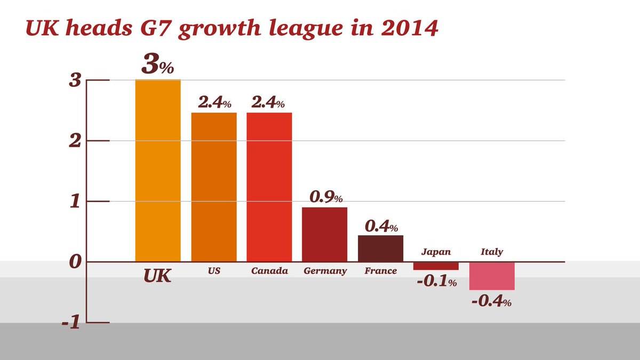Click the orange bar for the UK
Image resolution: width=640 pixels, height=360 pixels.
(x=158, y=171)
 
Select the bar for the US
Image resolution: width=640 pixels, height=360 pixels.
(x=214, y=187)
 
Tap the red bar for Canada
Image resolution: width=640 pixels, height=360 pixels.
(x=269, y=187)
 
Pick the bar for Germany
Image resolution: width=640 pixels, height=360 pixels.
(x=324, y=235)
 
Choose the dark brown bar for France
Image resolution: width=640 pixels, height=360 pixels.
(x=380, y=249)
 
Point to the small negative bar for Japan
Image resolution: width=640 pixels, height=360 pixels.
(x=436, y=266)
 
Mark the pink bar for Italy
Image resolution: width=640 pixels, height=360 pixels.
(x=491, y=276)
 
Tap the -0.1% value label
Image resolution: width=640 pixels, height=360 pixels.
(x=436, y=282)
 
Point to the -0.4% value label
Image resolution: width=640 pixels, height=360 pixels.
(x=491, y=301)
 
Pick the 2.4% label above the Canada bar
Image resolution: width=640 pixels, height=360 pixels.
(x=268, y=102)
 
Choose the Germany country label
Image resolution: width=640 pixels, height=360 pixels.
(x=325, y=271)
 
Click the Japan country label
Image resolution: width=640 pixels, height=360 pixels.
(x=436, y=252)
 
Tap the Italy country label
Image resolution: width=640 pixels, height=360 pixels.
(x=491, y=252)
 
